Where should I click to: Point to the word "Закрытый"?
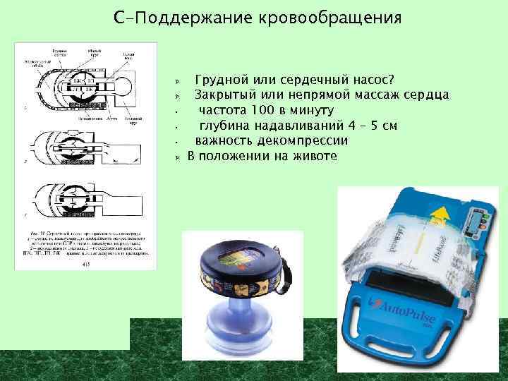click(224, 95)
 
